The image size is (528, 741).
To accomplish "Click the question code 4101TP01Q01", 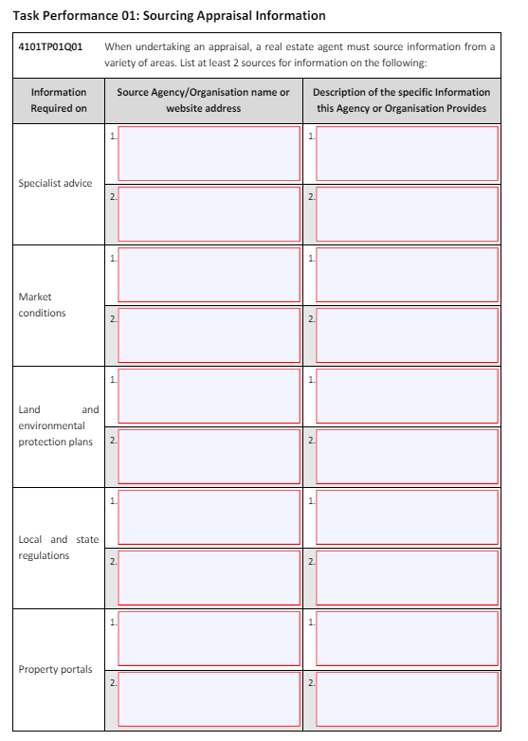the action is pos(50,46).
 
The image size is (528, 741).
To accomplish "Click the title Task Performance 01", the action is pos(169,16).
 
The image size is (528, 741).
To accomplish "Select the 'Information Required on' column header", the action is pos(58,99).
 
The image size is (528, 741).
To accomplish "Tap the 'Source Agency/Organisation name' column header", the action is pos(203,99).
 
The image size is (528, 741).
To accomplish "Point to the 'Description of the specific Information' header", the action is pos(402,99).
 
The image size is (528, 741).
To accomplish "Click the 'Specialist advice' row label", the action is pos(56,183).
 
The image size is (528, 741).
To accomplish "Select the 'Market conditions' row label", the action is pos(43,304).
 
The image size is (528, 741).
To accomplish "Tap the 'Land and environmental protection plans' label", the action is pos(58,426).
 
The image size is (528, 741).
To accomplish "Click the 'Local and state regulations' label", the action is pos(58,547).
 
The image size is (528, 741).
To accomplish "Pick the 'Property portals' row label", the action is pos(56,669).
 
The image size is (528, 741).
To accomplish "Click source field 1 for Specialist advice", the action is pos(209,153).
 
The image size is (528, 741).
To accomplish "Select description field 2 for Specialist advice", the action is pos(407,213).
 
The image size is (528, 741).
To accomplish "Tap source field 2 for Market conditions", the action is pos(209,334).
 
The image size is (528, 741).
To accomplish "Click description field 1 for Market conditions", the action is pos(407,274).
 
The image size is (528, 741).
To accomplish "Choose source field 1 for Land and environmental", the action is pos(209,395).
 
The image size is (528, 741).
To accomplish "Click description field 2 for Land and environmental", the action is pos(407,456).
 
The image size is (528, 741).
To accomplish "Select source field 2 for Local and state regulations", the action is pos(209,577).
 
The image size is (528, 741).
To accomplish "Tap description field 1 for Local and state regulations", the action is pos(407,516).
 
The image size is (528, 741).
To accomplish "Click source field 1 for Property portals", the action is pos(209,638).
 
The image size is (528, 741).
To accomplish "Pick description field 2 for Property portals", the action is pos(407,698).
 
